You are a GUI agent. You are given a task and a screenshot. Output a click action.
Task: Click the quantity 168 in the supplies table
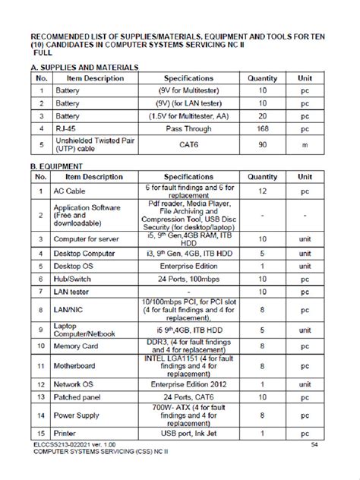(x=262, y=128)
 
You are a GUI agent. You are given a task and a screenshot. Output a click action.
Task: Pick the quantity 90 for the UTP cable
(x=262, y=144)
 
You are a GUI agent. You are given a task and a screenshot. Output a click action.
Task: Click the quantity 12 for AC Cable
(x=262, y=191)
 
